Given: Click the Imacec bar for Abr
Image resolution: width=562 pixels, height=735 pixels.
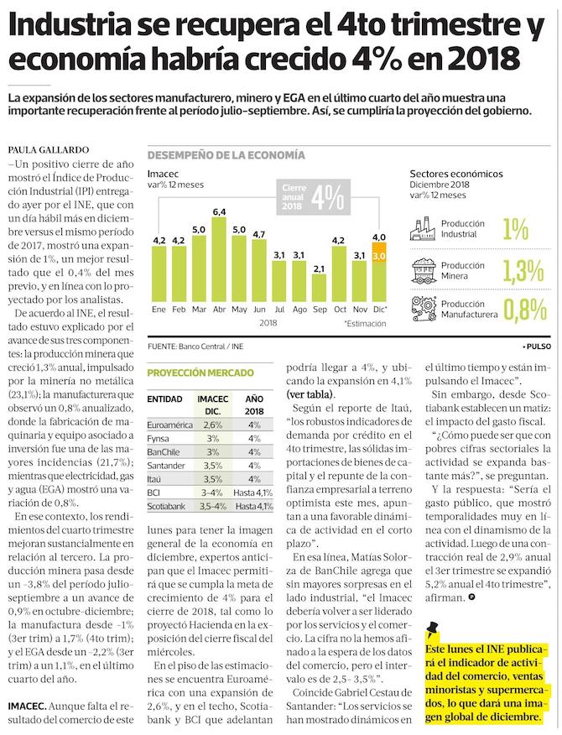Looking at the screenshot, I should point(219,260).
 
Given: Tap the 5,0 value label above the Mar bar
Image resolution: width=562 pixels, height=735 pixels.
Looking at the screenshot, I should point(199,229).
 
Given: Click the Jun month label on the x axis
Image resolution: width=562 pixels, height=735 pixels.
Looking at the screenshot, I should point(259,310).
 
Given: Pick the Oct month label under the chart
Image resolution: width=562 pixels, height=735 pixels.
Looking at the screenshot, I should point(339,310).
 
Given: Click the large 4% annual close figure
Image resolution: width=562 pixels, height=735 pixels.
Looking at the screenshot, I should point(328,197).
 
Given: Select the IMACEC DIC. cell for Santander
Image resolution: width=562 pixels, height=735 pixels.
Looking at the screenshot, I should point(213,464).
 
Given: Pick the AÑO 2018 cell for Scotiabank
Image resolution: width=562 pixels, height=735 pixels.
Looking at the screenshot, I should point(253,507).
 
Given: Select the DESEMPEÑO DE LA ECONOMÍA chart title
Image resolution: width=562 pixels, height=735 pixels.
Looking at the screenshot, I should point(226,156).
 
